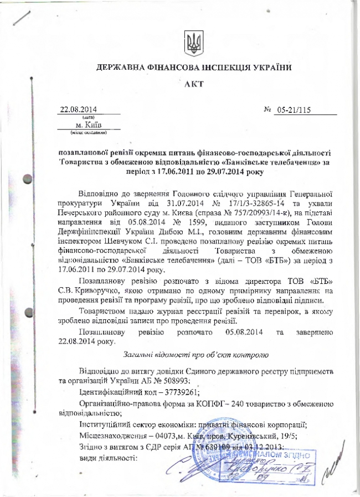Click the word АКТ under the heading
click(194, 84)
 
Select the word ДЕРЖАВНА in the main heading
click(120, 68)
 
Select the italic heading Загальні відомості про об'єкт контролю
click(194, 353)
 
